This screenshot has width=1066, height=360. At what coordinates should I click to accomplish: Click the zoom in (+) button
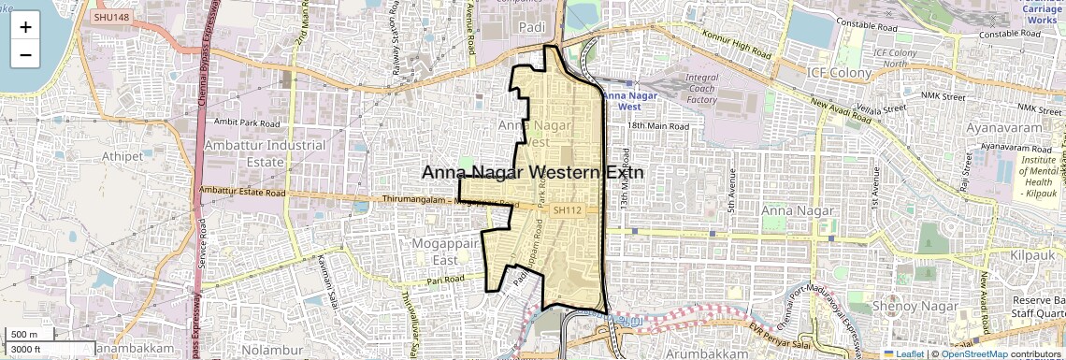tap(25, 26)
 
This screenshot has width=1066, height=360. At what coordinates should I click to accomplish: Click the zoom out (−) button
tap(25, 54)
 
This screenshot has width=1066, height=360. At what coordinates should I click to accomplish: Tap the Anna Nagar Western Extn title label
tap(533, 172)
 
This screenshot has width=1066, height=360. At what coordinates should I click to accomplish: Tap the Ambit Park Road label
tap(247, 122)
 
